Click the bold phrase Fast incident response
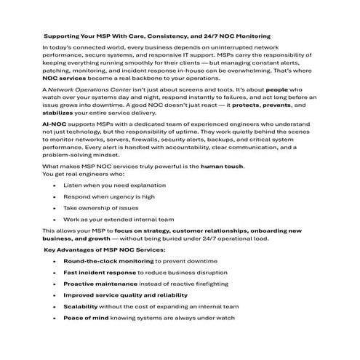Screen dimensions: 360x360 click(x=99, y=272)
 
